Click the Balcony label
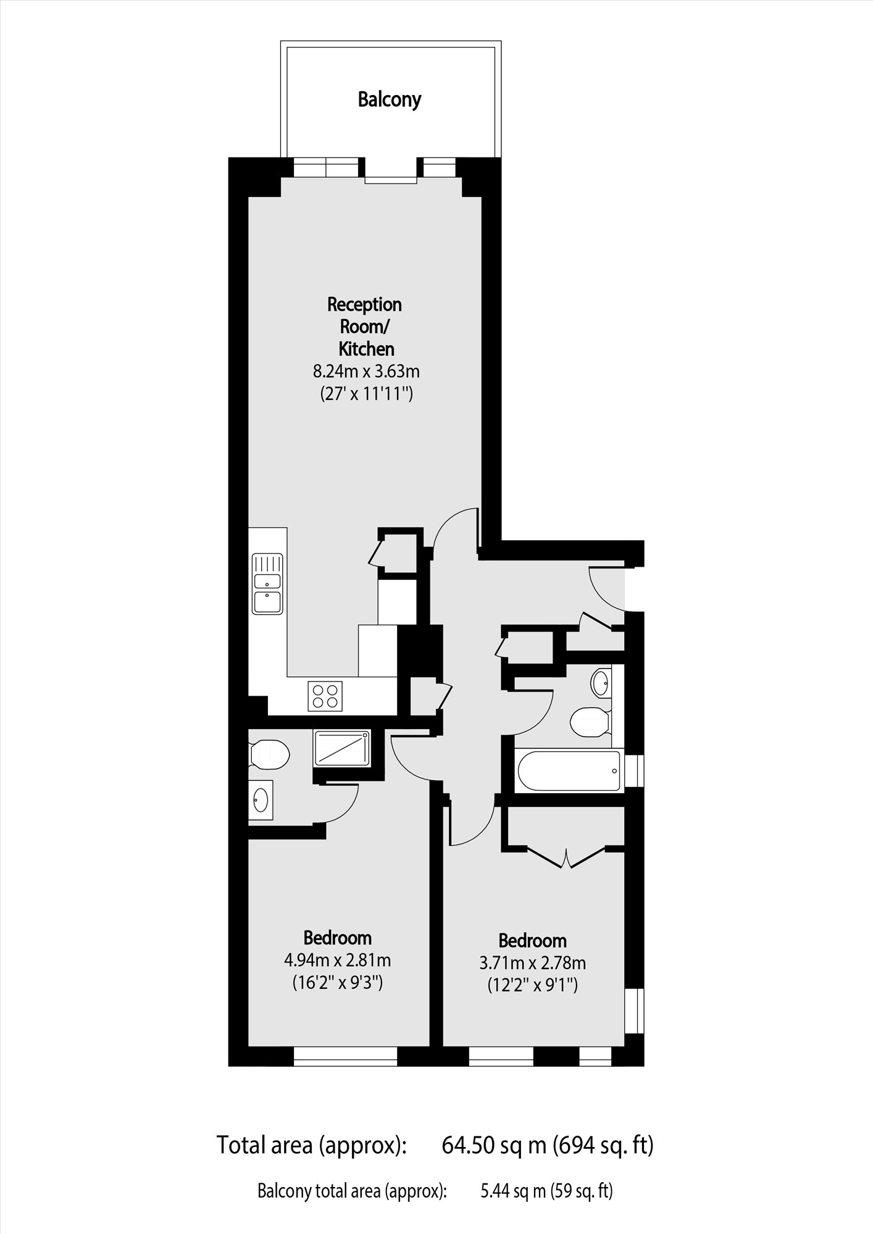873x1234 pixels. (x=390, y=99)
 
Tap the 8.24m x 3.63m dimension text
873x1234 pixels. (x=366, y=372)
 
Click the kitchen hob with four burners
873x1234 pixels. (x=325, y=696)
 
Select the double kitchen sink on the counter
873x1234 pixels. (x=267, y=583)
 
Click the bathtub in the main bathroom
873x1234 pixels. (x=569, y=770)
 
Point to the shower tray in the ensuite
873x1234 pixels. (x=342, y=748)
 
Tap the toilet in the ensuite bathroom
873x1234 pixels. (x=270, y=754)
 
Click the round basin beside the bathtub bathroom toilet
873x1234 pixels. (x=601, y=682)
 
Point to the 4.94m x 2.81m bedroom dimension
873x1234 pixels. (x=337, y=961)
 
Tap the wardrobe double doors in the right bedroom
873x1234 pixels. (x=566, y=857)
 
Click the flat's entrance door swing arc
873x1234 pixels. (x=605, y=590)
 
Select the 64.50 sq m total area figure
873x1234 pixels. (x=494, y=1145)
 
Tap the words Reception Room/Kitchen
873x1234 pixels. (x=365, y=327)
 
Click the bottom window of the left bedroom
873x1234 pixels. (x=345, y=1056)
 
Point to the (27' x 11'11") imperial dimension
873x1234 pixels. (x=366, y=394)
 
